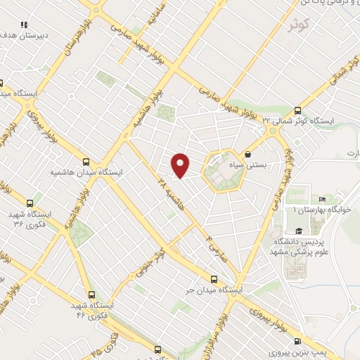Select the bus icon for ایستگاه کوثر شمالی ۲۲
point(297,110)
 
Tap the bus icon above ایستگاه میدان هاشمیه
point(86,161)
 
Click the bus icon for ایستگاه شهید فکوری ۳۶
point(28,202)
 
